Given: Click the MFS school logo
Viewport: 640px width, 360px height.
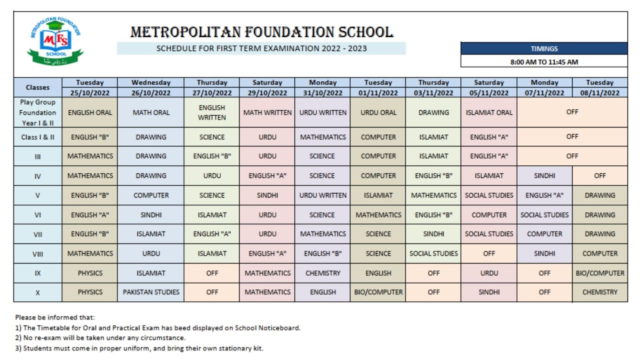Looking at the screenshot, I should pos(55,42).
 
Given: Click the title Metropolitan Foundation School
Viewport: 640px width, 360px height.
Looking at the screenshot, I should pos(261,32).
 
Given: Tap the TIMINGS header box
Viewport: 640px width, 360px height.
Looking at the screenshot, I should pos(544,48).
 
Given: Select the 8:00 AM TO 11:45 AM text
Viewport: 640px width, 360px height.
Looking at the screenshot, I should pos(544,62).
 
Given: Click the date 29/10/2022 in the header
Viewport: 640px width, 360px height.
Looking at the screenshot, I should pos(267,92).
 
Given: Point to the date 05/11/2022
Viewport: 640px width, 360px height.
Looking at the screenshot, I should pos(488,92).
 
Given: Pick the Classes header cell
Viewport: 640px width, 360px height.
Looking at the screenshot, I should pos(37,87).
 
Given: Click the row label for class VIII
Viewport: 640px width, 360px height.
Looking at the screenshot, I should pos(37,253).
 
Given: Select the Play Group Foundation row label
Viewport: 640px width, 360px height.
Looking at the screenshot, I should pos(37,112).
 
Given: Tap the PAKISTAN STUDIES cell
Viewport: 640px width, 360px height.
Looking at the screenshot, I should pos(151,292).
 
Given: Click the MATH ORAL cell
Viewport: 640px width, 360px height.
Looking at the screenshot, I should pos(151,112).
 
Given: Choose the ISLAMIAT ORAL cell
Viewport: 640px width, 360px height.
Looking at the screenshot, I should pos(488,112).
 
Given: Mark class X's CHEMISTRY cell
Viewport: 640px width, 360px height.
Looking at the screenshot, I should pos(599,292).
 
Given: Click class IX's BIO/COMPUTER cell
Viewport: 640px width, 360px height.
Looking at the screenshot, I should pos(599,273).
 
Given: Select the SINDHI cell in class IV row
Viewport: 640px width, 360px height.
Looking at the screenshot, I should pos(544,175).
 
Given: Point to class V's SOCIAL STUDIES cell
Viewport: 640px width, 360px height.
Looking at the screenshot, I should pos(488,195).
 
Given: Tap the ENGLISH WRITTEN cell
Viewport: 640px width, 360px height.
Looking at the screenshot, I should pos(211,112).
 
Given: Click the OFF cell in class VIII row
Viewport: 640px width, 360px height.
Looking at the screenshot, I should pos(488,253).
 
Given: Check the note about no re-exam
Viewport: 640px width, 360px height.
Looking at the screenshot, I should pos(100,337).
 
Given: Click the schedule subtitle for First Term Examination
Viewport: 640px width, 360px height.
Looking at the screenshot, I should pos(261,48).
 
